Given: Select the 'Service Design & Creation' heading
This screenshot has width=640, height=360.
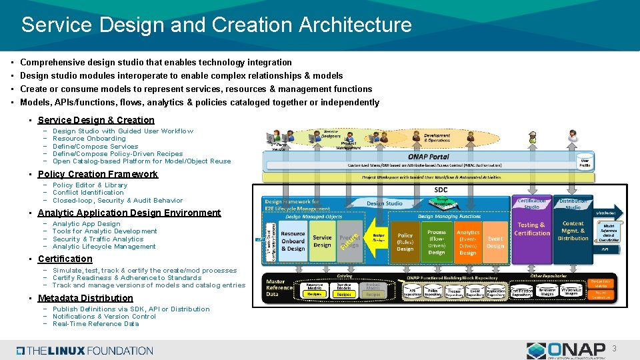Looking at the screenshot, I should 96,120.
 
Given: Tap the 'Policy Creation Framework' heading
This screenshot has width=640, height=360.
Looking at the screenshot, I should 98,174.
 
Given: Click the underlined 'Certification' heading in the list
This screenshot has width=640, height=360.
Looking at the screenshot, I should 65,259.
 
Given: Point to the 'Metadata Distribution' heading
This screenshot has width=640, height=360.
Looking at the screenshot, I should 85,298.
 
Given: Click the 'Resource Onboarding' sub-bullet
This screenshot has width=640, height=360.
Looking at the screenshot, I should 89,139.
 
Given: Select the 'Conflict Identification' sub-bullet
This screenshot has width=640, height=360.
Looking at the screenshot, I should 88,193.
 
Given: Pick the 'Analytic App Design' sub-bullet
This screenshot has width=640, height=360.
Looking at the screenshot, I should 86,224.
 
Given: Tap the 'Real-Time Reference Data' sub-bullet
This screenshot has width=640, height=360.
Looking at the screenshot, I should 95,324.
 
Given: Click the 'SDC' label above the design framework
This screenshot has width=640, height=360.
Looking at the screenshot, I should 441,190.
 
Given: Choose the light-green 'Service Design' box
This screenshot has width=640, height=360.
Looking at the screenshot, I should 322,241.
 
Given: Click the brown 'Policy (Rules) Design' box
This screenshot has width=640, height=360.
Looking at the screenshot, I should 405,241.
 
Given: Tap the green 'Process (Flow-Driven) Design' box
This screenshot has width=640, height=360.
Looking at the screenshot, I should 437,241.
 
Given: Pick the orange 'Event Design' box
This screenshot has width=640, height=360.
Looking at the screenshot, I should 495,241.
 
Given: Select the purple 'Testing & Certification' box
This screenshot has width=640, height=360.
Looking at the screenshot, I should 532,230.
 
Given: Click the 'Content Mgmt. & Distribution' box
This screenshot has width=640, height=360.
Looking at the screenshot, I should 573,231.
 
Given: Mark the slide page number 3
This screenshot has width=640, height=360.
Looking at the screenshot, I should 615,348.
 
